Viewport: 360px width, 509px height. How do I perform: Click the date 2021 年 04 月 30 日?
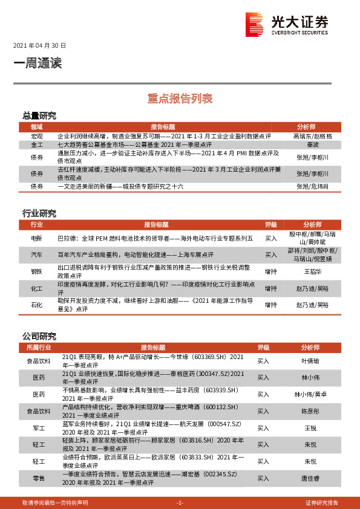coord(39,46)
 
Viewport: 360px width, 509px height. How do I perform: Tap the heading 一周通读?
coord(38,63)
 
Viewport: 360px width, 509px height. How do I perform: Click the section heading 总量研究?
coord(39,115)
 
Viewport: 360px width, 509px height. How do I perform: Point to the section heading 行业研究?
coord(39,213)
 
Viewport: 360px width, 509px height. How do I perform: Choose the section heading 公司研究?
coord(39,336)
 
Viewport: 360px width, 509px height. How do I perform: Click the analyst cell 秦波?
coord(312,146)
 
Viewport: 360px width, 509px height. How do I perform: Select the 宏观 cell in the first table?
coord(38,137)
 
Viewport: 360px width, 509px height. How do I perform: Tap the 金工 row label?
coord(38,146)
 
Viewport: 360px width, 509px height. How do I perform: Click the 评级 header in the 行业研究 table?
coord(271,224)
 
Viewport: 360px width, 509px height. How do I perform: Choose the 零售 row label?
coord(39,478)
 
